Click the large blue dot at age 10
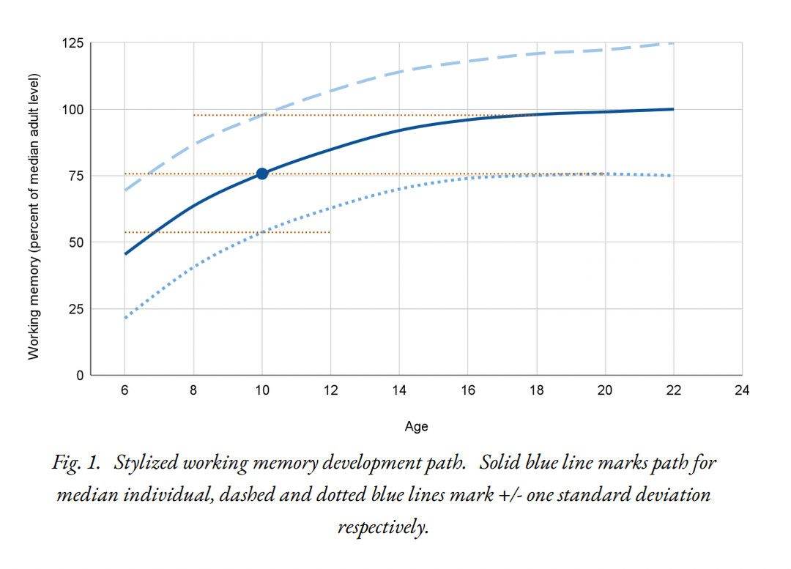point(262,174)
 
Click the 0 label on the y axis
point(79,375)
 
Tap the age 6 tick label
point(125,390)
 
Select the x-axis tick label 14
point(399,390)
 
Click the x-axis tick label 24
point(742,390)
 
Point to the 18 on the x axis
point(536,390)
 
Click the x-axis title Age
point(417,426)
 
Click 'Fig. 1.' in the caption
point(75,464)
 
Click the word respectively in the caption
point(383,527)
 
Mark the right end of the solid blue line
point(673,109)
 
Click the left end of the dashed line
point(125,190)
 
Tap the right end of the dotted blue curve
point(671,176)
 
